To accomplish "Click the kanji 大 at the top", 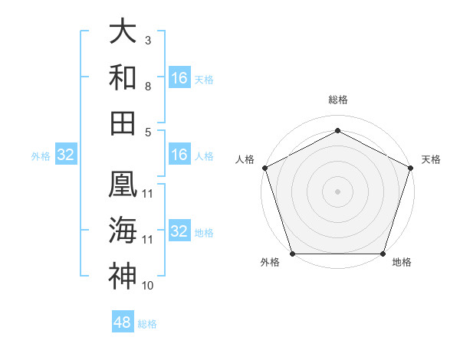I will [x=123, y=32].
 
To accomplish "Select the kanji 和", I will [x=123, y=77].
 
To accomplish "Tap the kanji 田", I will [x=123, y=123].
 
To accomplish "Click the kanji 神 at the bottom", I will [x=123, y=276].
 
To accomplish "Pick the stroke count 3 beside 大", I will [x=148, y=40].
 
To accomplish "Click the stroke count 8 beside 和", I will [x=148, y=86].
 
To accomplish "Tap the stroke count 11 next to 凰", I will [x=148, y=193].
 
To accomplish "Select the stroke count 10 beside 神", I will [x=148, y=286].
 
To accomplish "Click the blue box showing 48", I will [x=123, y=322].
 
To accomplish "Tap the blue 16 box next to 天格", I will [x=179, y=77].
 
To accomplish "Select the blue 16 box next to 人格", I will [x=179, y=155].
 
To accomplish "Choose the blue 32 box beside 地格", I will [x=179, y=231].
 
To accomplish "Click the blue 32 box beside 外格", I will [x=66, y=155].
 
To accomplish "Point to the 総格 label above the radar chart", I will [x=337, y=100].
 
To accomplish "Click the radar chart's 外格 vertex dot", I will [x=292, y=254].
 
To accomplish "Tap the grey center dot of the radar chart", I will [x=337, y=191].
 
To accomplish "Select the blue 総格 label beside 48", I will [x=147, y=324].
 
